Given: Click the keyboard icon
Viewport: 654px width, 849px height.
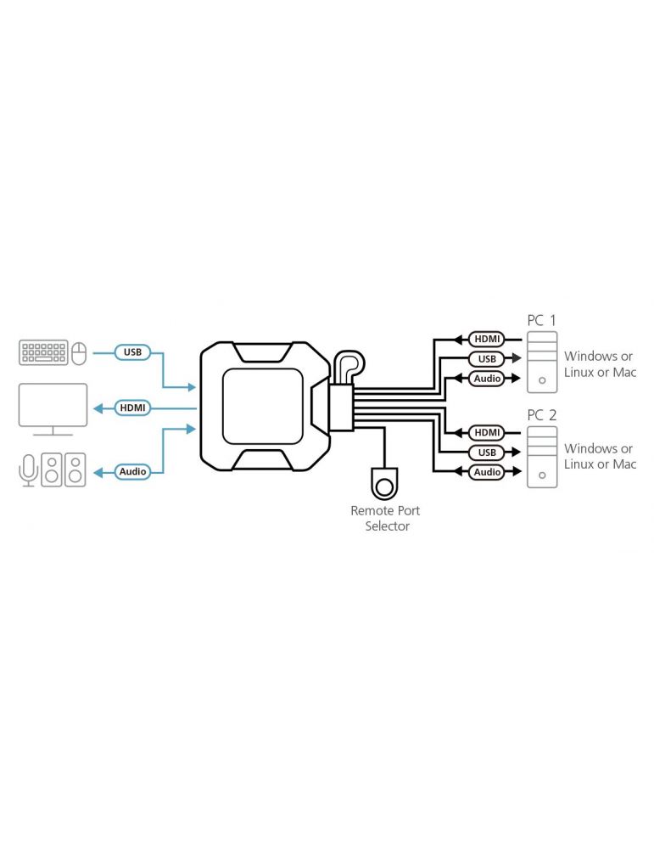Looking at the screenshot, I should point(43,352).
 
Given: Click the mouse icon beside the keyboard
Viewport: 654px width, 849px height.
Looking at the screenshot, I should point(79,352).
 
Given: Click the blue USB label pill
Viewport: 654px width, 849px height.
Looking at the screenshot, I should point(132,351).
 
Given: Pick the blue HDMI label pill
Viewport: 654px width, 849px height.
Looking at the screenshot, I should point(132,408).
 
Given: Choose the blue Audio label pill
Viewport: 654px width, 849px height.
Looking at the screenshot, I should point(132,471).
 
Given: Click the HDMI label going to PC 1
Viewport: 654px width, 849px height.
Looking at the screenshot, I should point(487,340).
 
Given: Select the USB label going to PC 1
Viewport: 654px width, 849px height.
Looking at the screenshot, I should point(487,359).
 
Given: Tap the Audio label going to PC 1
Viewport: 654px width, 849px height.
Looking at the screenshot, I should point(487,379).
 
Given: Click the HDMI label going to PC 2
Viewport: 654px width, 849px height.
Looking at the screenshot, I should point(487,433).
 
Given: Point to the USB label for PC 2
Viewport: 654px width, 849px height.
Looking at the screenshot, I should point(487,453).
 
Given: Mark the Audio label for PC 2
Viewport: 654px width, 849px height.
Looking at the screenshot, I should point(487,472).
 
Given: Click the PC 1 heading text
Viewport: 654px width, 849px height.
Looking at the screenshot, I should point(542,321).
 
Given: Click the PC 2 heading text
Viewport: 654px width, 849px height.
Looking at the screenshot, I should point(542,415).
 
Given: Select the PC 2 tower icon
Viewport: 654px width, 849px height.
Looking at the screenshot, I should point(542,457).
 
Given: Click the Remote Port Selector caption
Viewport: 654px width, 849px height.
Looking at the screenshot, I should point(386,519).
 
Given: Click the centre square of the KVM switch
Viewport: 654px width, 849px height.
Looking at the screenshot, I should point(263,406).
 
